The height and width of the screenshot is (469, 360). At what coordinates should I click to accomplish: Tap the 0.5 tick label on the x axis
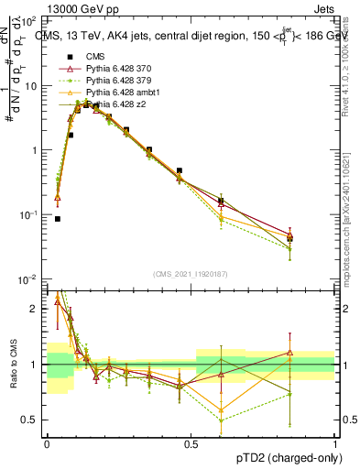coord(191,442)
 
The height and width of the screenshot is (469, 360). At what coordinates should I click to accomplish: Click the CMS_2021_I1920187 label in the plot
coord(190,274)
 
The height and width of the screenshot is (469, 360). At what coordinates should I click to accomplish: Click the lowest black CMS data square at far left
coord(57,219)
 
